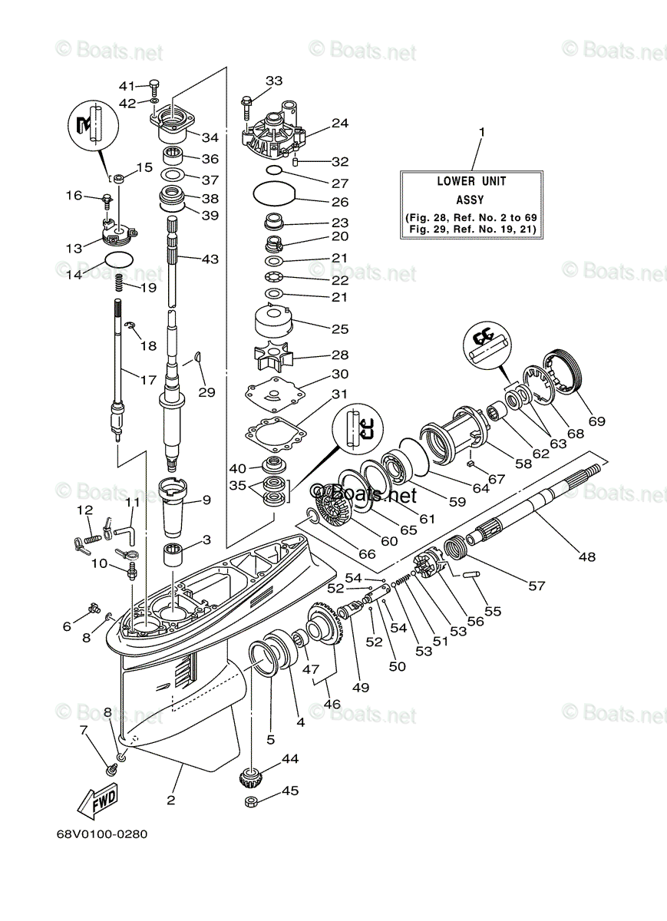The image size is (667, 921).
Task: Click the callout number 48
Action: pyautogui.click(x=586, y=557)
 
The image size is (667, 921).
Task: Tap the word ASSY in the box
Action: pyautogui.click(x=471, y=200)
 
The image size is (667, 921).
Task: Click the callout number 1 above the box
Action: pyautogui.click(x=481, y=133)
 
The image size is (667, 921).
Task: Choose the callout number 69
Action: pyautogui.click(x=596, y=421)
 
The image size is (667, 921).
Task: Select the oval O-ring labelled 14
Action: pyautogui.click(x=117, y=259)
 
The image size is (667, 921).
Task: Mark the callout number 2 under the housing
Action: pyautogui.click(x=170, y=801)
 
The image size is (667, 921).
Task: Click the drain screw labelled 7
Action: pyautogui.click(x=112, y=765)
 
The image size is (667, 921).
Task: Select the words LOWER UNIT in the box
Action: pyautogui.click(x=471, y=182)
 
